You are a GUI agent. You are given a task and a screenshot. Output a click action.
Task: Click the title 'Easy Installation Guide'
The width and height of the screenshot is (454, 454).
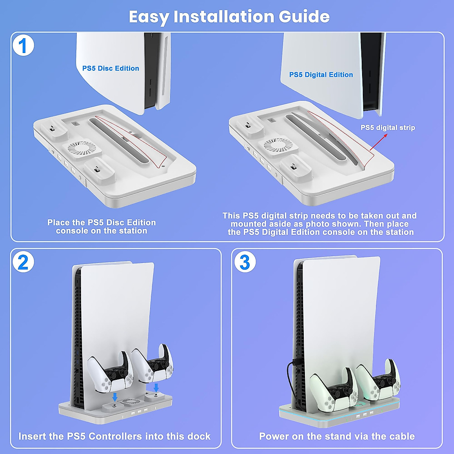(229, 17)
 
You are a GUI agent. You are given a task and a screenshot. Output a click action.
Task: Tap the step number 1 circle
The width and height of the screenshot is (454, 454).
(23, 45)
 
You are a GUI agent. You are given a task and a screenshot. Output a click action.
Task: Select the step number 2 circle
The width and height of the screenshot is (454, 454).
(23, 262)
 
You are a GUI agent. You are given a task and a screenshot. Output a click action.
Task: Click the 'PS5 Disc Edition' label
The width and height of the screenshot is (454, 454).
(110, 68)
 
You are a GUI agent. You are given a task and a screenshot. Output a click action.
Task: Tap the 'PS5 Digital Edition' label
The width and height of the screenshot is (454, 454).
(321, 75)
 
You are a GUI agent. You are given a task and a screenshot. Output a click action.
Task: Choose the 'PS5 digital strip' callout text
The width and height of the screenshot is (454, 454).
(388, 127)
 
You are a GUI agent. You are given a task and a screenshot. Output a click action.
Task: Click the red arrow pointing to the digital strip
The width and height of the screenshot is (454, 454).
(378, 142)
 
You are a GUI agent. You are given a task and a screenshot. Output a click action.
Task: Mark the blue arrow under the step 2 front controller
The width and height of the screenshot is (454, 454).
(115, 398)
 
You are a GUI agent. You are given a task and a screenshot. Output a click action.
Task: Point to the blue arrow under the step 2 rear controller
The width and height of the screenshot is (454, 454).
(156, 387)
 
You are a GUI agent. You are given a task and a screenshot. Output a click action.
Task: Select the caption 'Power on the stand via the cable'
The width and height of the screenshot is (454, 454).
(337, 436)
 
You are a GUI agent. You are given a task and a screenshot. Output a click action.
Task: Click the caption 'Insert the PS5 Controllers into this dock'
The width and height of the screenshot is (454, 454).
(115, 436)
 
